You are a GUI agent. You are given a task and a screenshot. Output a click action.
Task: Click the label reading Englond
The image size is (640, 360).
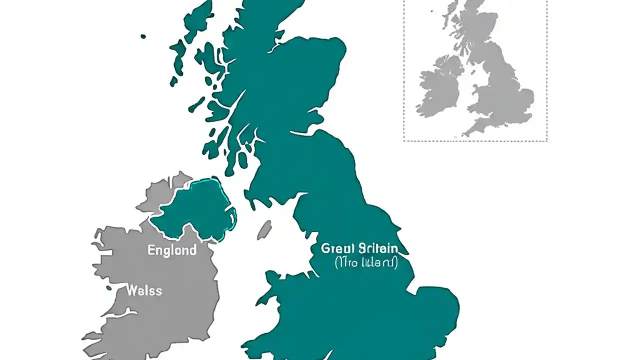click(x=171, y=250)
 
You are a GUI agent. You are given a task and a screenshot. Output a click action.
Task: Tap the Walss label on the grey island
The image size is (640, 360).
click(x=144, y=290)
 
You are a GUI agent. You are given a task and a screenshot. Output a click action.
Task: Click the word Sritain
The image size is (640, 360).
click(x=378, y=248)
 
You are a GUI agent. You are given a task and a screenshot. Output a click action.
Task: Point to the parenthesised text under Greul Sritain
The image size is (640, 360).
click(x=365, y=262)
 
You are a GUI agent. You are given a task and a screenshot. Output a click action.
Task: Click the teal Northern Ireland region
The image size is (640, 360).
click(x=197, y=210)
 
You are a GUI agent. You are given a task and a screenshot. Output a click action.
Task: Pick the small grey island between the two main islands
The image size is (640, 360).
click(x=264, y=230)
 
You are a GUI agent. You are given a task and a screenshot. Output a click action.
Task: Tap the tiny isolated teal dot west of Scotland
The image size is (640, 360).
click(x=143, y=36)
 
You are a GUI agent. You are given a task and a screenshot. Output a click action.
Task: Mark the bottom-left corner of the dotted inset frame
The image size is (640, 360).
click(x=404, y=141)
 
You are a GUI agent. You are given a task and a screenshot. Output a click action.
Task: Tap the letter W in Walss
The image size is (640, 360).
click(x=131, y=290)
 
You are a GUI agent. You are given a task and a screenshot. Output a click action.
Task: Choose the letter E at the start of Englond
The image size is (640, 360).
click(x=151, y=250)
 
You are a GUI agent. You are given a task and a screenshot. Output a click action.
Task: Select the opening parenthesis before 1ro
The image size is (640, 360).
click(x=336, y=262)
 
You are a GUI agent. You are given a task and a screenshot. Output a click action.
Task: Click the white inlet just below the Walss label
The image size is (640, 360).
click(x=120, y=313)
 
